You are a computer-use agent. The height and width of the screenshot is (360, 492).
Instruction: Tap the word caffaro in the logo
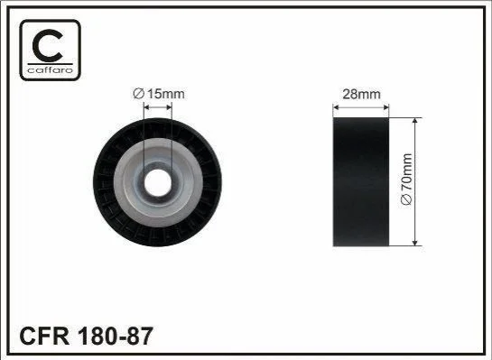click(51, 69)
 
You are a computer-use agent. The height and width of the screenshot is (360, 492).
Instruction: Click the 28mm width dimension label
click(361, 94)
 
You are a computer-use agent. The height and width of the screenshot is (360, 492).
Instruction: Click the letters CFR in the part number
click(44, 336)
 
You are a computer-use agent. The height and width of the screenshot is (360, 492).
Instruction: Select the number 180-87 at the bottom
click(115, 336)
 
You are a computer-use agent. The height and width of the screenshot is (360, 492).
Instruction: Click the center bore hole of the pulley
click(158, 182)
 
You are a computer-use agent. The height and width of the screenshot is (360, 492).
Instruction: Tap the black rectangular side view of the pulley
click(361, 182)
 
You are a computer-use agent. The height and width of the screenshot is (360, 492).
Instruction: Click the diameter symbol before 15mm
click(138, 94)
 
